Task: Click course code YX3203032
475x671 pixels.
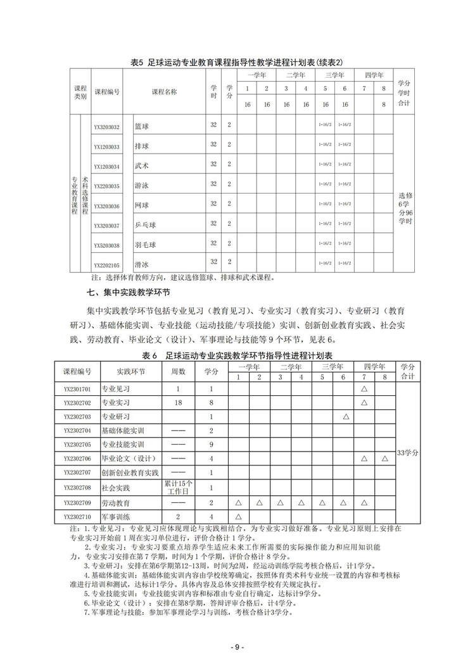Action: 106,127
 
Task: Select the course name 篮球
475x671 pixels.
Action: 142,126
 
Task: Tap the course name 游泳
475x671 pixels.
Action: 142,186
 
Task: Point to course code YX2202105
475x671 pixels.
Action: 106,266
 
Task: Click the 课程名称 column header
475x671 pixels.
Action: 164,92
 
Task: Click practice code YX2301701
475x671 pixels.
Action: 77,389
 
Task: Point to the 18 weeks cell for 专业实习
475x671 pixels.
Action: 179,403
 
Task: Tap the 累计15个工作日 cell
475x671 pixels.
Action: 179,488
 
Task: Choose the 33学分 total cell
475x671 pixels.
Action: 405,453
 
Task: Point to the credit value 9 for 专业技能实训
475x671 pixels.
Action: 212,445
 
